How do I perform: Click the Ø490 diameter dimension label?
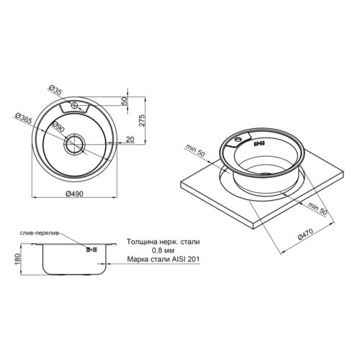pyautogui.click(x=74, y=194)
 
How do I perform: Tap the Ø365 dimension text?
pyautogui.click(x=23, y=118)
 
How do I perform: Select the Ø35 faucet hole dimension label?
pyautogui.click(x=56, y=90)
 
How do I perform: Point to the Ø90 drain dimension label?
pyautogui.click(x=58, y=127)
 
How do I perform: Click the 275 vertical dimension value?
pyautogui.click(x=142, y=120)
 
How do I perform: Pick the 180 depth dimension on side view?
pyautogui.click(x=18, y=259)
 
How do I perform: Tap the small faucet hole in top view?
pyautogui.click(x=74, y=105)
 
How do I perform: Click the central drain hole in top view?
pyautogui.click(x=74, y=144)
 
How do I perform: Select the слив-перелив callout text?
pyautogui.click(x=39, y=233)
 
